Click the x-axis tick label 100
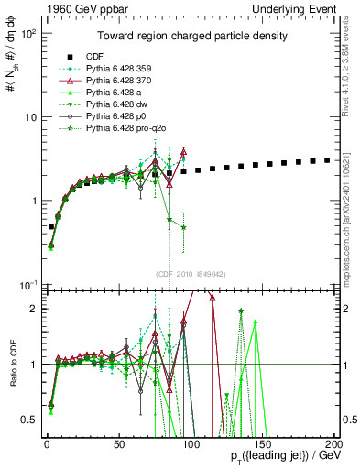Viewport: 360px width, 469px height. coord(191,443)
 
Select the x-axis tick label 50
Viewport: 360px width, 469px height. coord(119,443)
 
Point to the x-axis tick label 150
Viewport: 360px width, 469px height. coord(262,443)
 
